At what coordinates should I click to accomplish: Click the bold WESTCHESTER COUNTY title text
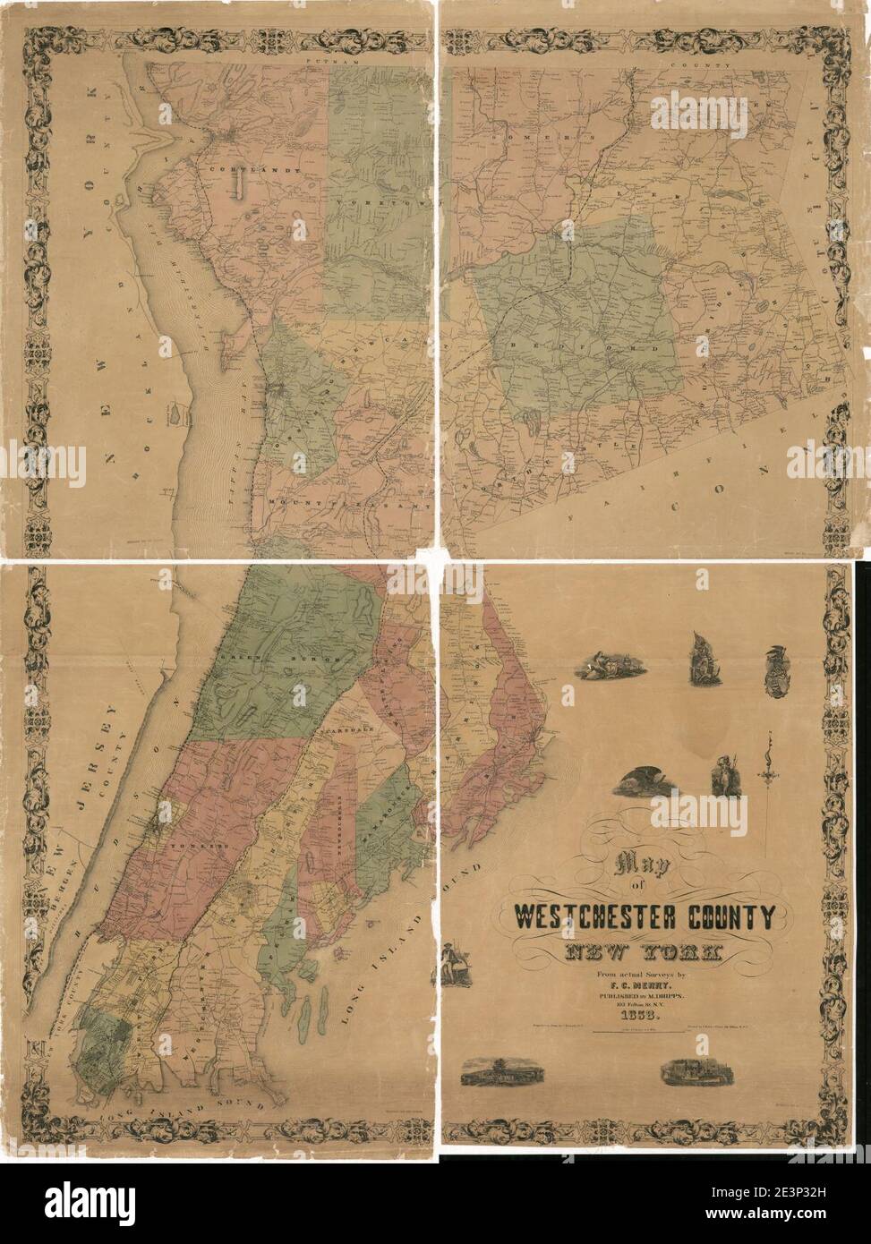tap(644, 917)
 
